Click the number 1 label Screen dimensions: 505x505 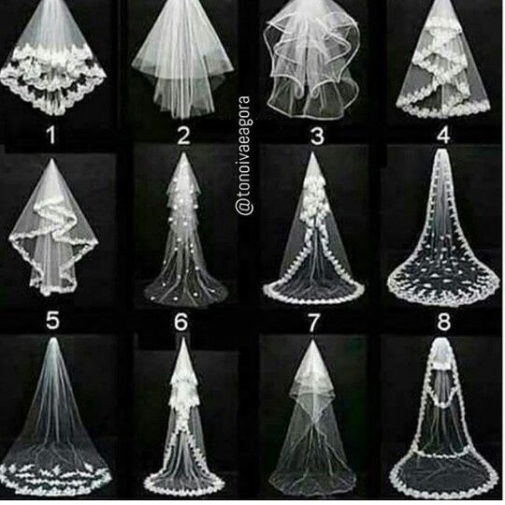[51, 137]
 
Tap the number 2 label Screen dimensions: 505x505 [183, 137]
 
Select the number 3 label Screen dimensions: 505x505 [318, 137]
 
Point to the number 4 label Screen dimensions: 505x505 [443, 136]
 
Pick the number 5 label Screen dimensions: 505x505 [52, 321]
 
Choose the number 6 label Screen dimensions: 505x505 [180, 322]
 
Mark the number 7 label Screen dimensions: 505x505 [313, 323]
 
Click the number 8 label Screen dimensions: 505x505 [443, 322]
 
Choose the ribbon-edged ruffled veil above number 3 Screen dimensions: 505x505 [311, 61]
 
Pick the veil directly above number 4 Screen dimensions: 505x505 [444, 60]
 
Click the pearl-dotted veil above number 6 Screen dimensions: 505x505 [184, 230]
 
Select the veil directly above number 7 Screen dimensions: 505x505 [313, 229]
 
